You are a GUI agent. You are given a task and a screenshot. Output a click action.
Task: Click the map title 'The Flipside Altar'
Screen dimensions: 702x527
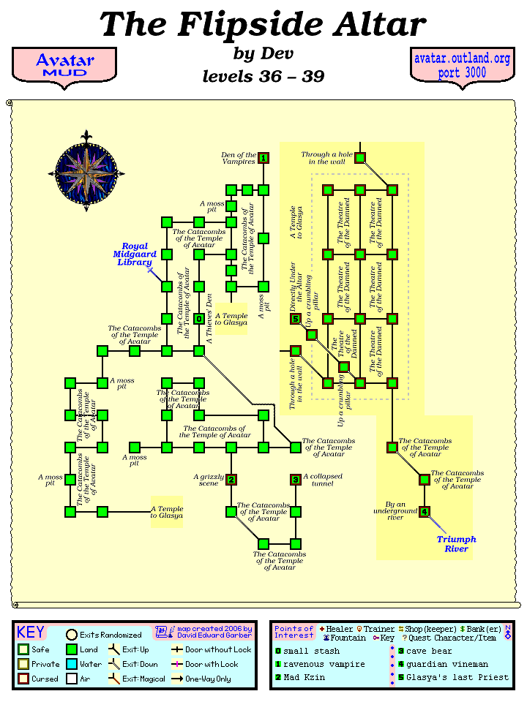(x=263, y=25)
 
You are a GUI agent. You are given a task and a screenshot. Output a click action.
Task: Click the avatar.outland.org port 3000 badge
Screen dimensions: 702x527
(x=461, y=64)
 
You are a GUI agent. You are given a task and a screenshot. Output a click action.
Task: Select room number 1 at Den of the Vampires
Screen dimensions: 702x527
(x=263, y=158)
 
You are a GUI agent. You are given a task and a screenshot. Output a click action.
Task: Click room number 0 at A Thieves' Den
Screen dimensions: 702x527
(x=199, y=319)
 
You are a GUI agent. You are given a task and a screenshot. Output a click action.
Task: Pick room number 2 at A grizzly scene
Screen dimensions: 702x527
(x=231, y=480)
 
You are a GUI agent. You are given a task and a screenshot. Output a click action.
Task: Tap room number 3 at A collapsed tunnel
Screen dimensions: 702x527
(x=296, y=480)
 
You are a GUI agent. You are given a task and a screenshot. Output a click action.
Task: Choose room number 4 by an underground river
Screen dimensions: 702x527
(x=425, y=512)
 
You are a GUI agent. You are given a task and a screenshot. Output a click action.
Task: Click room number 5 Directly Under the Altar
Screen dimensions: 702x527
(x=296, y=319)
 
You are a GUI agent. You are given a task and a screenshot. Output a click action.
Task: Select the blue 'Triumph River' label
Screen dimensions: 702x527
(x=457, y=543)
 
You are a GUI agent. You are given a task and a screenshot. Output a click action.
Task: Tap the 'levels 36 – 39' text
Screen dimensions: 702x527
(x=263, y=76)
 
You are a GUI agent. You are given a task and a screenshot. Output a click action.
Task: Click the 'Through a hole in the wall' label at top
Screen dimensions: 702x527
(x=326, y=158)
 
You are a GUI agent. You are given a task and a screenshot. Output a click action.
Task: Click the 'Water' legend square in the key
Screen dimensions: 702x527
(x=72, y=665)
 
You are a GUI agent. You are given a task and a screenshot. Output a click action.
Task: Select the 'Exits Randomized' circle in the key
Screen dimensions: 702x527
(x=72, y=635)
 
